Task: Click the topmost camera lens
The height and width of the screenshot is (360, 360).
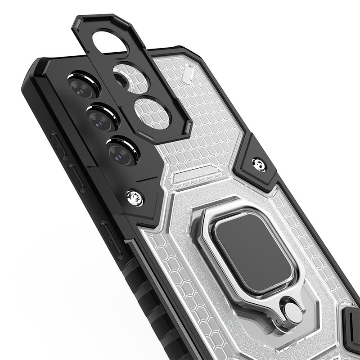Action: [84, 86]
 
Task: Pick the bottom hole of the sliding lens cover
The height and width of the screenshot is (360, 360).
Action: [153, 110]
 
